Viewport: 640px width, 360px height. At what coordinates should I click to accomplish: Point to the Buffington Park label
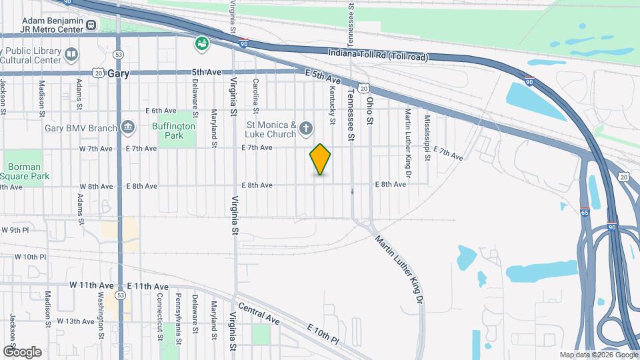click(x=177, y=130)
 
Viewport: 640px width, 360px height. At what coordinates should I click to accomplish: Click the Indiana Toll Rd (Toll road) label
click(x=379, y=54)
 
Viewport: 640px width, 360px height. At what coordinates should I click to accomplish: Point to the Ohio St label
click(x=371, y=112)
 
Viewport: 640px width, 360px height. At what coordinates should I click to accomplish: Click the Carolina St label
click(x=256, y=94)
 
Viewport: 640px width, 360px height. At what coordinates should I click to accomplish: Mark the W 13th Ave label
click(x=75, y=321)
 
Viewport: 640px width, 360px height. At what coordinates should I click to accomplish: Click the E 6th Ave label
click(x=161, y=111)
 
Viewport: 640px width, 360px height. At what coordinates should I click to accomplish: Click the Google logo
click(x=22, y=351)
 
